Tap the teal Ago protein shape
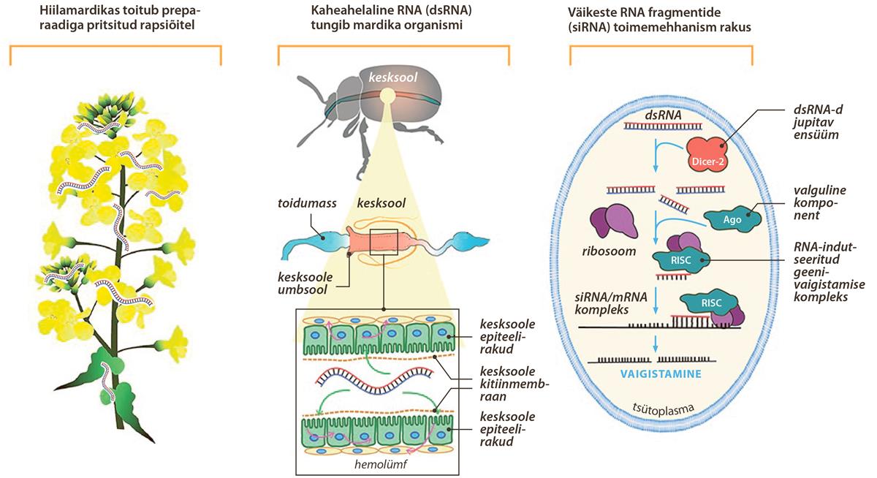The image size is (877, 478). click(732, 217)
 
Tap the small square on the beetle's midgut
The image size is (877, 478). click(384, 241)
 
